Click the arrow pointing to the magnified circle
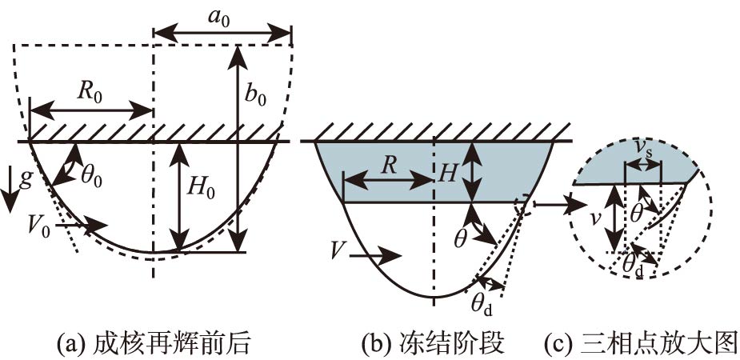click(x=552, y=204)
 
